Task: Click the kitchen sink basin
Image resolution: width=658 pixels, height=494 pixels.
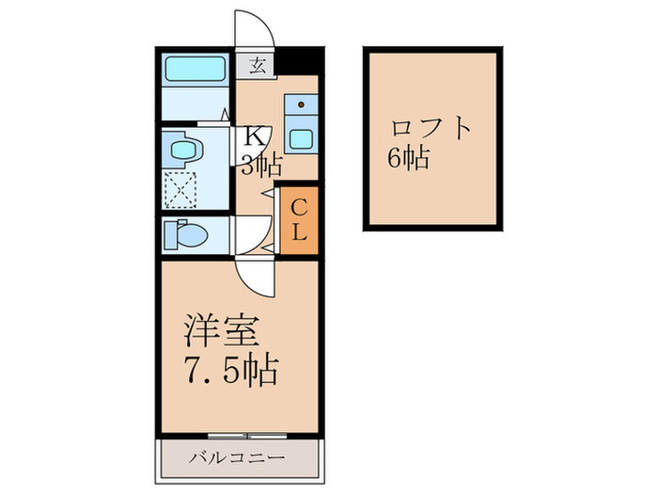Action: (x=303, y=137)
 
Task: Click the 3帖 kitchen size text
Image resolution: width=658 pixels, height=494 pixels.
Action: (x=260, y=167)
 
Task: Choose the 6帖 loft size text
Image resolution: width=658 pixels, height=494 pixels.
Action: (x=407, y=157)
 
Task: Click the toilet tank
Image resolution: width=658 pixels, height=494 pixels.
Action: (x=169, y=233)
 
